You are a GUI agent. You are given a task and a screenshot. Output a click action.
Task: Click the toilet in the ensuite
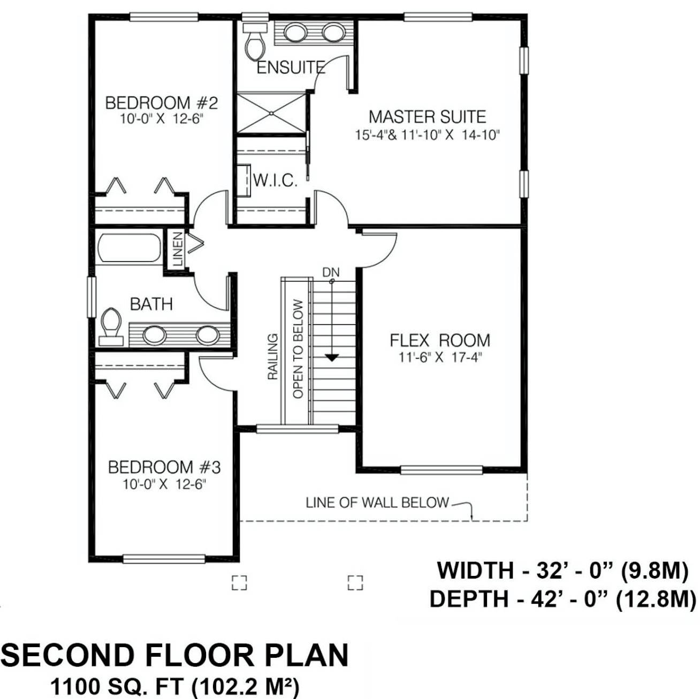[255, 42]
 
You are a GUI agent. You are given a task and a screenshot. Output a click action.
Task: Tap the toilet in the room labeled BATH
[111, 326]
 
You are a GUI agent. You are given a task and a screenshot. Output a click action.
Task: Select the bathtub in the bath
[130, 248]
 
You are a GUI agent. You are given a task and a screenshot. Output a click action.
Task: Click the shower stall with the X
[271, 113]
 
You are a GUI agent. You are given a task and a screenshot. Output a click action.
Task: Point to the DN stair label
[331, 272]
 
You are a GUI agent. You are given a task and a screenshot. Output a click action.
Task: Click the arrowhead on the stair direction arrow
[331, 358]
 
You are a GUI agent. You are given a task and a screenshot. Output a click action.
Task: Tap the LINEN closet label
[177, 249]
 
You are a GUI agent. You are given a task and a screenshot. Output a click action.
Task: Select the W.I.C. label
[275, 180]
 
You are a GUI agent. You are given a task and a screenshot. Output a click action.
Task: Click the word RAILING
[272, 357]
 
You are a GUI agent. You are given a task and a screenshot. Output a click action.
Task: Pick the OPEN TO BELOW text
[298, 349]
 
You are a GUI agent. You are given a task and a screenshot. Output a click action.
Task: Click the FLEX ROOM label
[440, 340]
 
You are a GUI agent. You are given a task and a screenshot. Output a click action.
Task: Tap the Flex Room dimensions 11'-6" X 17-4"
[440, 358]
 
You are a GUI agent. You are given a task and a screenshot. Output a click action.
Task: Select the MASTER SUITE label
[427, 117]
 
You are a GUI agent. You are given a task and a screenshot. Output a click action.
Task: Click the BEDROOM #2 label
[161, 103]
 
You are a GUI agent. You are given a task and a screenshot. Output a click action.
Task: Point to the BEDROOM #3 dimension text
[164, 484]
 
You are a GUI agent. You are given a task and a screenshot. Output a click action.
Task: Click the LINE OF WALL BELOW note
[377, 503]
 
